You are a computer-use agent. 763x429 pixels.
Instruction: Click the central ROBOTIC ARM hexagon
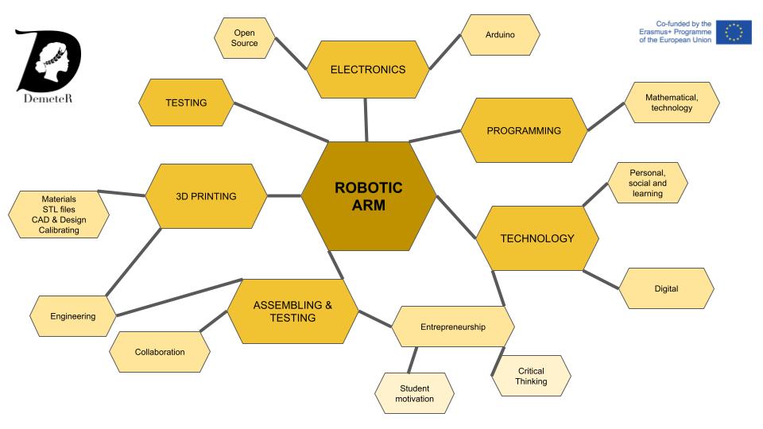[368, 197]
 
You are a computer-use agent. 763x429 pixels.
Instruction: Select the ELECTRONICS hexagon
[367, 69]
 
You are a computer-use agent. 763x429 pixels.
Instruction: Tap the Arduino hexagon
[501, 35]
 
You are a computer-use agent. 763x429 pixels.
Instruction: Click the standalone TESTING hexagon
[186, 102]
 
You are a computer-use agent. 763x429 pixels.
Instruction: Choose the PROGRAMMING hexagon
[524, 130]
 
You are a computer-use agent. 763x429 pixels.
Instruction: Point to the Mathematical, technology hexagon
[672, 102]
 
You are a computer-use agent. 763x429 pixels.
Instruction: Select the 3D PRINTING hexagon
[206, 195]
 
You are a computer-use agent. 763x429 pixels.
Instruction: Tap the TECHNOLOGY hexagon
[536, 238]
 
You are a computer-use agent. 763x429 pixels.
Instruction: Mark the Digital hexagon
[666, 288]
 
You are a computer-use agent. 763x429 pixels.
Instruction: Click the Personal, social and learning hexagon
[647, 182]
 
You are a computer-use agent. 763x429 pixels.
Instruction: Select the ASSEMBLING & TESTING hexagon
[292, 311]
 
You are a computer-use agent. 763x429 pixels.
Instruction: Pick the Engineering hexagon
[72, 315]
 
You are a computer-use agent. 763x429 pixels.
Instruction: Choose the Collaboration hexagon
[160, 351]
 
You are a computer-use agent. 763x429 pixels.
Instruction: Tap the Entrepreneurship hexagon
[452, 327]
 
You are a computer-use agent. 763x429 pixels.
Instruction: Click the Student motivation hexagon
[414, 393]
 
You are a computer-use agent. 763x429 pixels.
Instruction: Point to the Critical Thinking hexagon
[530, 376]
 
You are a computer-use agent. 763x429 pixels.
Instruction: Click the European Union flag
[734, 32]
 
